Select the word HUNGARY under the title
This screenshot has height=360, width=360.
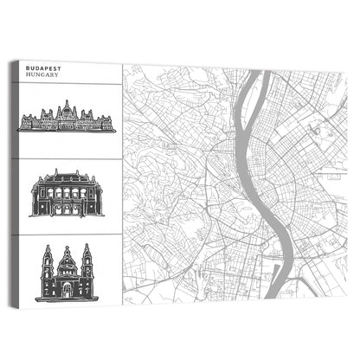point(42,75)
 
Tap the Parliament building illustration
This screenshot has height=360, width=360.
point(67,119)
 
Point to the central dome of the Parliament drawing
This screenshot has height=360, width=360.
point(67,107)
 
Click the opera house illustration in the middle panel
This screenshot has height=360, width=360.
point(67,193)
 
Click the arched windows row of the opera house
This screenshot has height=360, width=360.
point(67,192)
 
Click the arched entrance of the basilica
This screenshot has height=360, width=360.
point(67,291)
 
